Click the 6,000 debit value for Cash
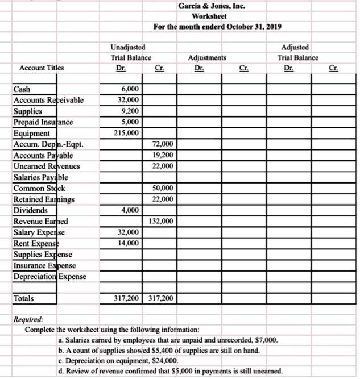[130, 90]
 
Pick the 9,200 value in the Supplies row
[130, 111]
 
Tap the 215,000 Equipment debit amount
[128, 133]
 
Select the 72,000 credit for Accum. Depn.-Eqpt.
[163, 144]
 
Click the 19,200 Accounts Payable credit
[163, 155]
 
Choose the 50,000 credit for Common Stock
[163, 188]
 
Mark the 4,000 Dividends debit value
[130, 210]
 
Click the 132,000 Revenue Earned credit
[162, 221]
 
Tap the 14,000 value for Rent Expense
[129, 243]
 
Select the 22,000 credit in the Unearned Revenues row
[163, 166]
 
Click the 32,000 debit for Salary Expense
[129, 232]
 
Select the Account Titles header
[42, 68]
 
